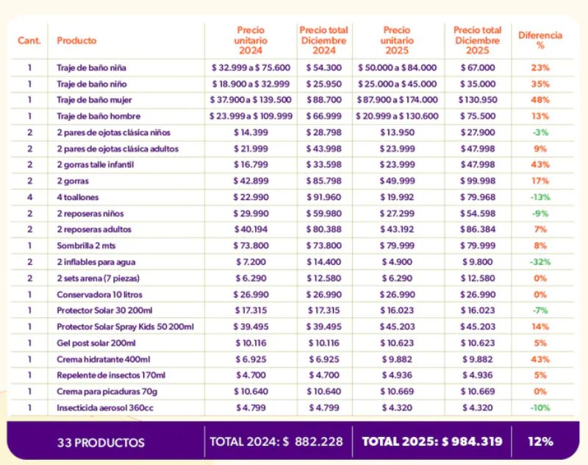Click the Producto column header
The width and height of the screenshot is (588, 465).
[76, 40]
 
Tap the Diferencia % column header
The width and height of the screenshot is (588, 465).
[540, 40]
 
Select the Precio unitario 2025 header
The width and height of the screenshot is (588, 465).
[397, 40]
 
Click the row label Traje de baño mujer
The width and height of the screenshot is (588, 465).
[94, 100]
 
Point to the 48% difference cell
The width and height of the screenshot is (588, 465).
[540, 100]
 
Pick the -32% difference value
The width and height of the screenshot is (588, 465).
[540, 262]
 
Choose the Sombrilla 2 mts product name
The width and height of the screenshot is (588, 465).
[87, 246]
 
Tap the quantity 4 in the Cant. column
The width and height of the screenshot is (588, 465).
[30, 197]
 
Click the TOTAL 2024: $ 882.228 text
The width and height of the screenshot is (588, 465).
[276, 442]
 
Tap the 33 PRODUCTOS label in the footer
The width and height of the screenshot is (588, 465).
[101, 443]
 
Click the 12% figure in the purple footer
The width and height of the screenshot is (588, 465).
[540, 442]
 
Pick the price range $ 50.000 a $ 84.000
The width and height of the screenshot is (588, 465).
[397, 68]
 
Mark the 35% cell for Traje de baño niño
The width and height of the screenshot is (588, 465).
[540, 84]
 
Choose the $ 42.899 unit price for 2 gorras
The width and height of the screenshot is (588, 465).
[251, 181]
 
